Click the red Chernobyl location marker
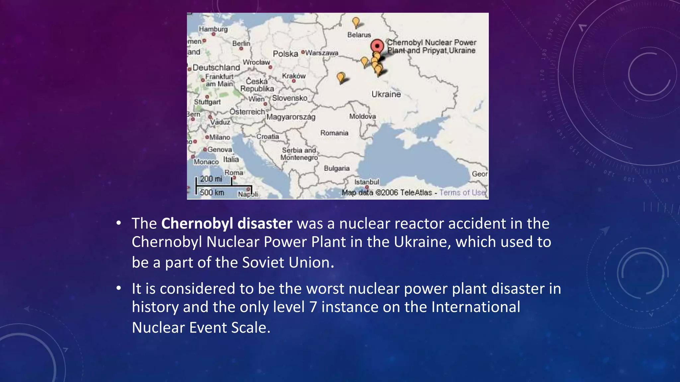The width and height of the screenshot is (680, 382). click(x=377, y=46)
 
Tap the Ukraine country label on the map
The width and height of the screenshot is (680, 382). click(x=386, y=94)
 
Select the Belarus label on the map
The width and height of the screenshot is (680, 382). click(x=359, y=35)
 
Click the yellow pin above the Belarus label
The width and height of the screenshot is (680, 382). click(x=356, y=22)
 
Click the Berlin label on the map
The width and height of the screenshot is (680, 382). click(x=241, y=43)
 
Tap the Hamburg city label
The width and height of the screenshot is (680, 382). click(x=213, y=29)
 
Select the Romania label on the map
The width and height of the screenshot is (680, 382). click(x=334, y=133)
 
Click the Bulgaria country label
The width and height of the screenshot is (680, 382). click(x=336, y=168)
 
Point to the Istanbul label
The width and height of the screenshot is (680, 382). click(x=366, y=182)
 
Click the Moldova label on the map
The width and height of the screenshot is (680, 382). click(x=362, y=116)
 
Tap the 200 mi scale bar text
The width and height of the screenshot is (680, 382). click(x=211, y=179)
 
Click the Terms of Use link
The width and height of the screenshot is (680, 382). click(x=462, y=192)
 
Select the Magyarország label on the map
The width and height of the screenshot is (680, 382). click(x=291, y=117)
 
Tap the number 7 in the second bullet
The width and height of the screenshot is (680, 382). click(x=313, y=307)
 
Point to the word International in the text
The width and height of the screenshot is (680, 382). click(x=475, y=307)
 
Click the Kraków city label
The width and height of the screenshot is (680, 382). click(x=294, y=76)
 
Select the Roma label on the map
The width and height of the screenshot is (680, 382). click(x=233, y=173)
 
